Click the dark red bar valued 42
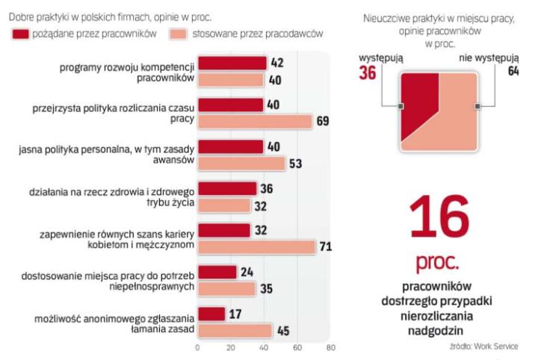232,63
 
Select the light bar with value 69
254,121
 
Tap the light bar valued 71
256,246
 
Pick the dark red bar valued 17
211,314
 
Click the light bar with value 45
235,330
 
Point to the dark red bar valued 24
217,273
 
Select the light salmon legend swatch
177,34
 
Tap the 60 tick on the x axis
297,348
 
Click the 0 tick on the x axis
197,348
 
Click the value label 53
297,164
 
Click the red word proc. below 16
437,262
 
